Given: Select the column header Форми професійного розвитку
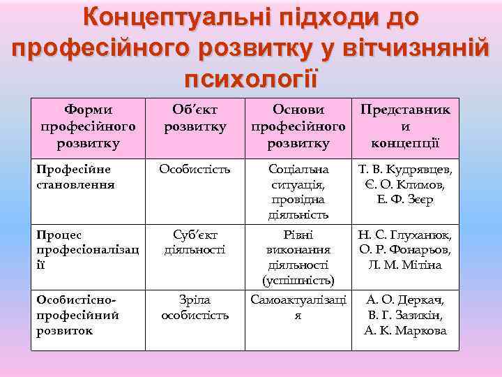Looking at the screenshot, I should click(88, 126).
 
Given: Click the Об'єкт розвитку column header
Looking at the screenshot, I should click(195, 118).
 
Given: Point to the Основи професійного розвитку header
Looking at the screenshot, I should click(298, 126).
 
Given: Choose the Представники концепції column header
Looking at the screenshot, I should click(404, 126).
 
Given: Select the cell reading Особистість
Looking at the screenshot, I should click(195, 169).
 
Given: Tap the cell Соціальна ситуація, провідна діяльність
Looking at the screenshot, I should click(298, 192).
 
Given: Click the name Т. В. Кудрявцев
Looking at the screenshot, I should click(405, 169).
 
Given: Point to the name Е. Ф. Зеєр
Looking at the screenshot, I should click(405, 200).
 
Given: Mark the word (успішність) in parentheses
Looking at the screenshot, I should click(298, 281).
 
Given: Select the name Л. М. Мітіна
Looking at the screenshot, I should click(405, 265).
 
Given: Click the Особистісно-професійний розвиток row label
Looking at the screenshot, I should click(77, 315).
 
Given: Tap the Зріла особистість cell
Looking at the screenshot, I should click(195, 307).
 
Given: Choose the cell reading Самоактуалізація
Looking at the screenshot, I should click(298, 307).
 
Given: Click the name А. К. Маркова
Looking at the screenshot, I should click(405, 330).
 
